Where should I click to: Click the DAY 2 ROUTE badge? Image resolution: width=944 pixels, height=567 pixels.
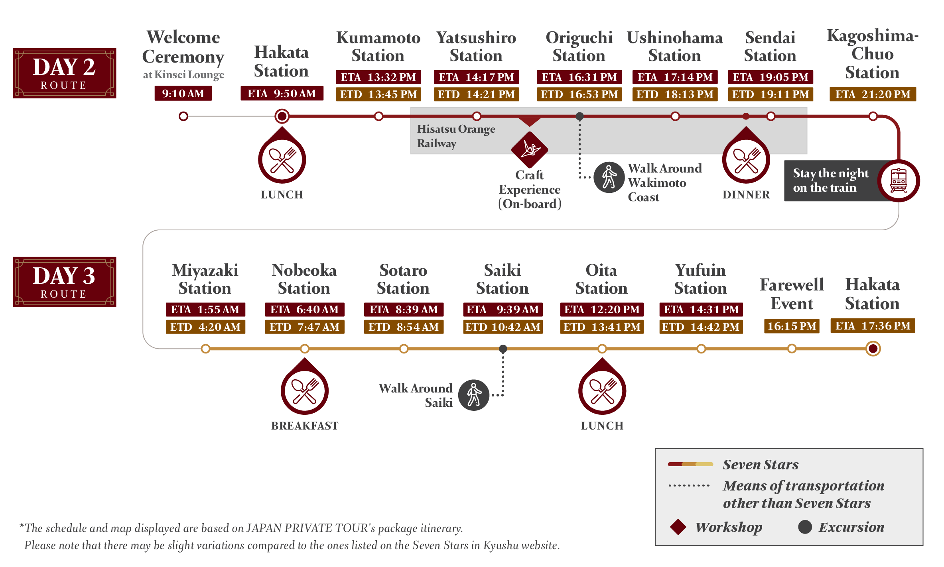(64, 73)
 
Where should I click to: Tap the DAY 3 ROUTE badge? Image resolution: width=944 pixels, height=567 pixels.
(64, 282)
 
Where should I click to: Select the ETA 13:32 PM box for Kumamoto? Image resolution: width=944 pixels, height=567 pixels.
(378, 77)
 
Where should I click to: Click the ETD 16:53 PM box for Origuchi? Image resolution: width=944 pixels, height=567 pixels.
(579, 94)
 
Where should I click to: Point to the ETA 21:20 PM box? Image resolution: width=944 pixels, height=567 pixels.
(873, 94)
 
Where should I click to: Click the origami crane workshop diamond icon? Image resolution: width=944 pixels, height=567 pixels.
(530, 150)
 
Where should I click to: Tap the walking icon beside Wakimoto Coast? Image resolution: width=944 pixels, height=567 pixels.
(609, 177)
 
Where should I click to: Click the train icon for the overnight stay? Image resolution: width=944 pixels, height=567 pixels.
(899, 180)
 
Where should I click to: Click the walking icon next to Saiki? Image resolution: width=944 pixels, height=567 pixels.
(473, 395)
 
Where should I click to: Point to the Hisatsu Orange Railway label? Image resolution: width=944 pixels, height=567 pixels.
(456, 136)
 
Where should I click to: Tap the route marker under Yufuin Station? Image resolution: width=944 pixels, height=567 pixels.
(701, 349)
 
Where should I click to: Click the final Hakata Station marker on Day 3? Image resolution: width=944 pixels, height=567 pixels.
(873, 349)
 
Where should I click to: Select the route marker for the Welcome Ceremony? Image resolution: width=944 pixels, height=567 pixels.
(183, 116)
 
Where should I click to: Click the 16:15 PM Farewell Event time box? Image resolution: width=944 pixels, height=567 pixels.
(792, 326)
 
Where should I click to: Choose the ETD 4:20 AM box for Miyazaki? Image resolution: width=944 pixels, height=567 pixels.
(205, 327)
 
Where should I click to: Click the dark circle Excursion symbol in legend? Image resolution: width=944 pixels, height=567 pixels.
(805, 527)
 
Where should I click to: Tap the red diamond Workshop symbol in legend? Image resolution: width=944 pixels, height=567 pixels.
(678, 527)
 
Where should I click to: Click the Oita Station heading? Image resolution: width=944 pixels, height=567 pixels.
(601, 279)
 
